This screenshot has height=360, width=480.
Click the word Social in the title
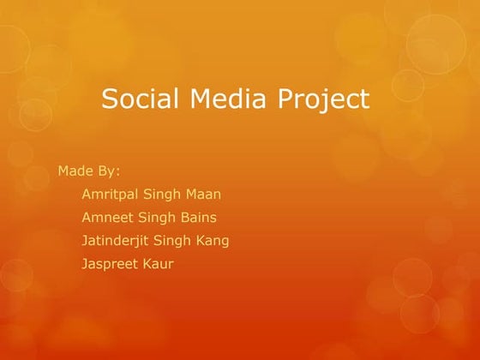138,99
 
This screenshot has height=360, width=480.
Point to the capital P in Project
285,99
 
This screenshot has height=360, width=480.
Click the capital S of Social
109,99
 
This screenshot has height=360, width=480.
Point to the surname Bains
196,217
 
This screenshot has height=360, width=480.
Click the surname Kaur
158,264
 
